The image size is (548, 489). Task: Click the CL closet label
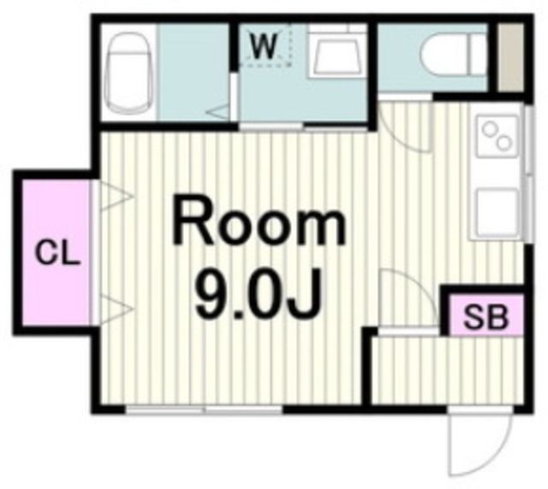(x=57, y=252)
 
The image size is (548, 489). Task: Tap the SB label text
(x=485, y=317)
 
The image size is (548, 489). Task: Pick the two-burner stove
(x=497, y=137)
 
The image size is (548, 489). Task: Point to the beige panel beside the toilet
(x=511, y=57)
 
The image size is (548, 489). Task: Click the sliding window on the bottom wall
(x=204, y=409)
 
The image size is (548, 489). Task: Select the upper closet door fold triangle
(x=116, y=196)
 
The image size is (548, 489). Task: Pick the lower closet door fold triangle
(x=116, y=309)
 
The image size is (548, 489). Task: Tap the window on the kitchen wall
(x=529, y=174)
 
